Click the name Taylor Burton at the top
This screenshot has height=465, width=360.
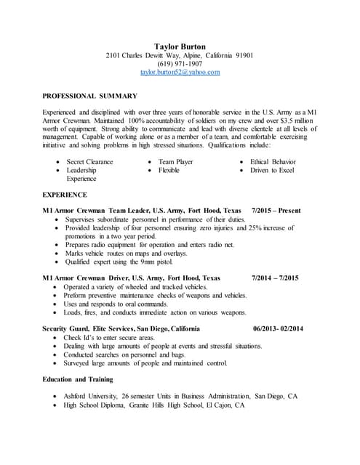pyautogui.click(x=180, y=46)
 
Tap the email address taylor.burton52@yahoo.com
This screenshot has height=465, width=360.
pyautogui.click(x=180, y=73)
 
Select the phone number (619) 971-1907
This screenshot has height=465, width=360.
pyautogui.click(x=180, y=64)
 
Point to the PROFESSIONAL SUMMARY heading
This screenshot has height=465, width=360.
pyautogui.click(x=89, y=96)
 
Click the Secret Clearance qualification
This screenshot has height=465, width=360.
pyautogui.click(x=89, y=161)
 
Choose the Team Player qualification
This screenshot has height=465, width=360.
pyautogui.click(x=175, y=161)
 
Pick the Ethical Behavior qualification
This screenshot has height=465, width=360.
pyautogui.click(x=273, y=161)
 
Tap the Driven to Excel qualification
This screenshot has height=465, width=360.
pyautogui.click(x=272, y=170)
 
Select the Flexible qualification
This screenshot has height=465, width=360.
pyautogui.click(x=169, y=170)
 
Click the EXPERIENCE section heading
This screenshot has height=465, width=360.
pyautogui.click(x=65, y=195)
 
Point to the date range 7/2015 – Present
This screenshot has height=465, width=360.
pyautogui.click(x=276, y=211)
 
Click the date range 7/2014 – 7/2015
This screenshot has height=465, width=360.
pyautogui.click(x=276, y=278)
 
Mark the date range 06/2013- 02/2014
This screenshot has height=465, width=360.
pyautogui.click(x=279, y=329)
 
